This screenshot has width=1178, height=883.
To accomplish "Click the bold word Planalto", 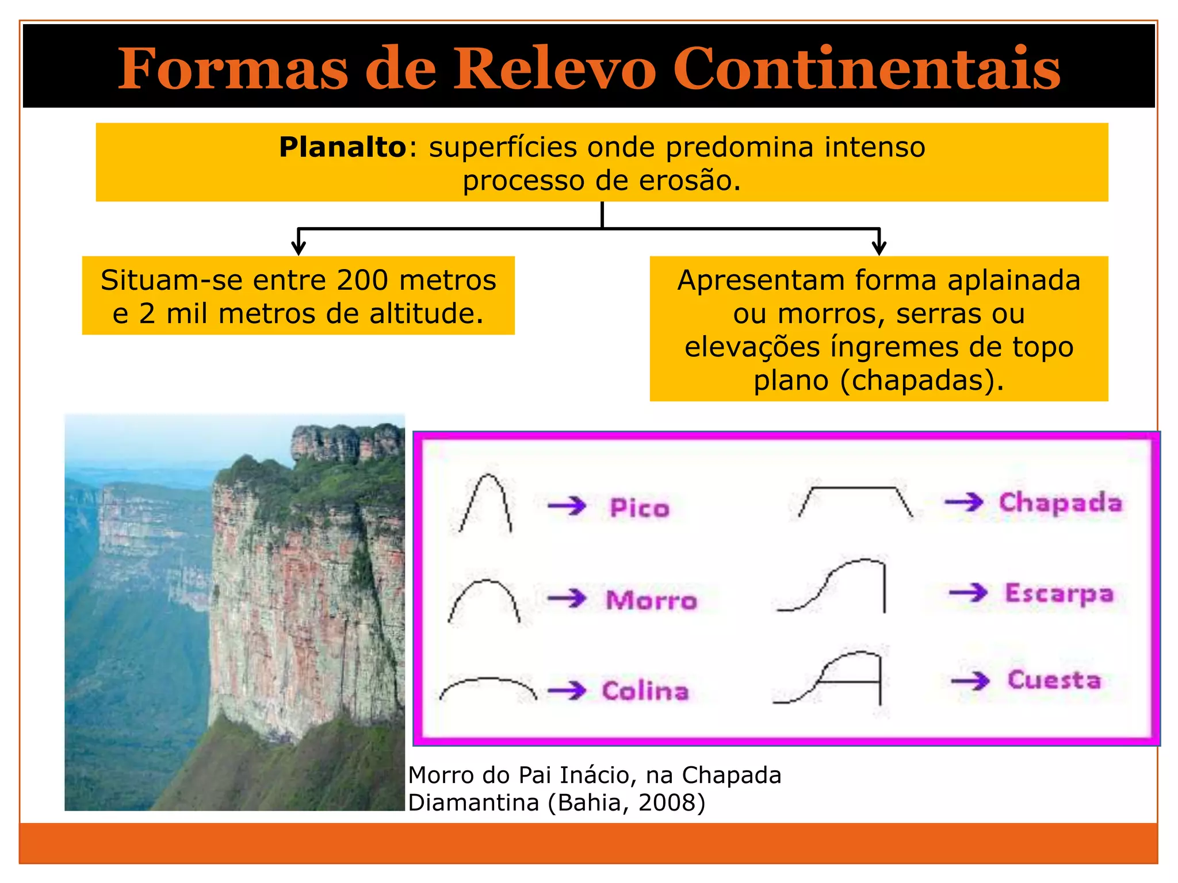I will pos(343,147).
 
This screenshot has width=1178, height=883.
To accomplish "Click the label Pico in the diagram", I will pos(640,508).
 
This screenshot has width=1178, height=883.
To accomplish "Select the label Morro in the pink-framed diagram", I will pos(651,600).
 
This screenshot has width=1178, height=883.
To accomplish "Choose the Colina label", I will pos(645,691).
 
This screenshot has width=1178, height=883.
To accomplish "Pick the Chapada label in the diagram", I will pos(1060,502).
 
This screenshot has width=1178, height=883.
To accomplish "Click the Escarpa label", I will pos(1059,594).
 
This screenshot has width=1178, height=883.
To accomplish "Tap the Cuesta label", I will pos(1054,680).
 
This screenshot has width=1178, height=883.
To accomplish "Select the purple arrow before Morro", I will pos(567,598).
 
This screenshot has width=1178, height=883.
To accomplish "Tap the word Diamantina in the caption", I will pos(473,803).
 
